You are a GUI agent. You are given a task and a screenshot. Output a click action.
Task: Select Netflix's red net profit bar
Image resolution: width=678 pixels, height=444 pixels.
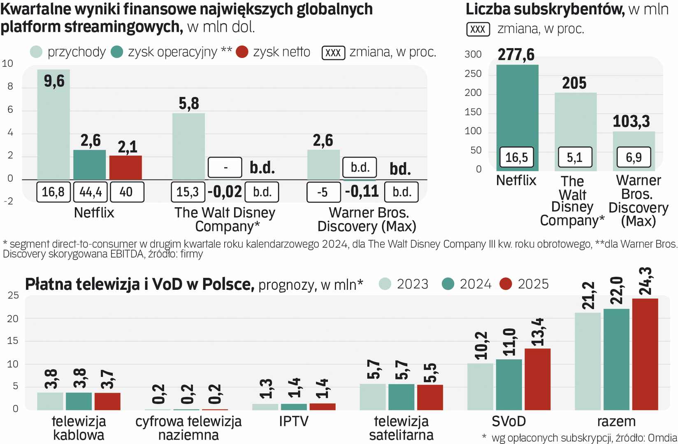(x=125, y=167)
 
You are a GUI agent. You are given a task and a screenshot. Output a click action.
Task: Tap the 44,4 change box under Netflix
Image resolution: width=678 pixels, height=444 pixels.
(x=91, y=192)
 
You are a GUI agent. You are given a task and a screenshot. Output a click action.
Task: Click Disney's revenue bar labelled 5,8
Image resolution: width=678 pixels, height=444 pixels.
(x=188, y=146)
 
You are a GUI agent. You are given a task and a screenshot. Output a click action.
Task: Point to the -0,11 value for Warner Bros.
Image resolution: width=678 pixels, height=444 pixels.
(x=362, y=192)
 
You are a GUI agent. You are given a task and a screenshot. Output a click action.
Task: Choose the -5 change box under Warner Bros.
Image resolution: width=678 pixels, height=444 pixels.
(x=323, y=192)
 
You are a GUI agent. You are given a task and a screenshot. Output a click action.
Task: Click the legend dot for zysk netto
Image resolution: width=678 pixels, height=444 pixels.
(x=242, y=52)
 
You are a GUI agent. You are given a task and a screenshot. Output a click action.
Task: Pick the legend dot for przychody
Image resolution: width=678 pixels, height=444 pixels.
(x=36, y=52)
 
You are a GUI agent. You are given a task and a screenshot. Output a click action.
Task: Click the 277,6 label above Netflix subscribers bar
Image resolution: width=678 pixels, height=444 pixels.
(x=516, y=55)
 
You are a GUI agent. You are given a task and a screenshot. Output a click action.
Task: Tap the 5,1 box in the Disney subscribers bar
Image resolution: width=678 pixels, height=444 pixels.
(x=575, y=157)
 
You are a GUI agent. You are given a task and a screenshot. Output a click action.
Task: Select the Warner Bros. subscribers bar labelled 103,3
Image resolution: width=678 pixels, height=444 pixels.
(x=634, y=140)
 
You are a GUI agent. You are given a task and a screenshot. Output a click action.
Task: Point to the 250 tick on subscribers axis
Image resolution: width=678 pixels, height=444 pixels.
(x=473, y=74)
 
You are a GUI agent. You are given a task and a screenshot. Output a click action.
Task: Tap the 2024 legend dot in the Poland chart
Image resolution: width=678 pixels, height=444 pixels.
(x=448, y=284)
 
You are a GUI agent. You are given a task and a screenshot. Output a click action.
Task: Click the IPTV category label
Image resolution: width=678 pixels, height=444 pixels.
(x=293, y=421)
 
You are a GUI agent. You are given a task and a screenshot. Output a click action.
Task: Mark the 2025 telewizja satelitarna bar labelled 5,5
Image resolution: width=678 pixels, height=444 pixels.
(x=430, y=397)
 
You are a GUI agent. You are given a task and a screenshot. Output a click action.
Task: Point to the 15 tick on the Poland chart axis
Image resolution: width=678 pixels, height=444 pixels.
(x=13, y=341)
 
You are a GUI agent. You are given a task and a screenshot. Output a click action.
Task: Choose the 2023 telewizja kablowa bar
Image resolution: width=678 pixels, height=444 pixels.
(x=50, y=401)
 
